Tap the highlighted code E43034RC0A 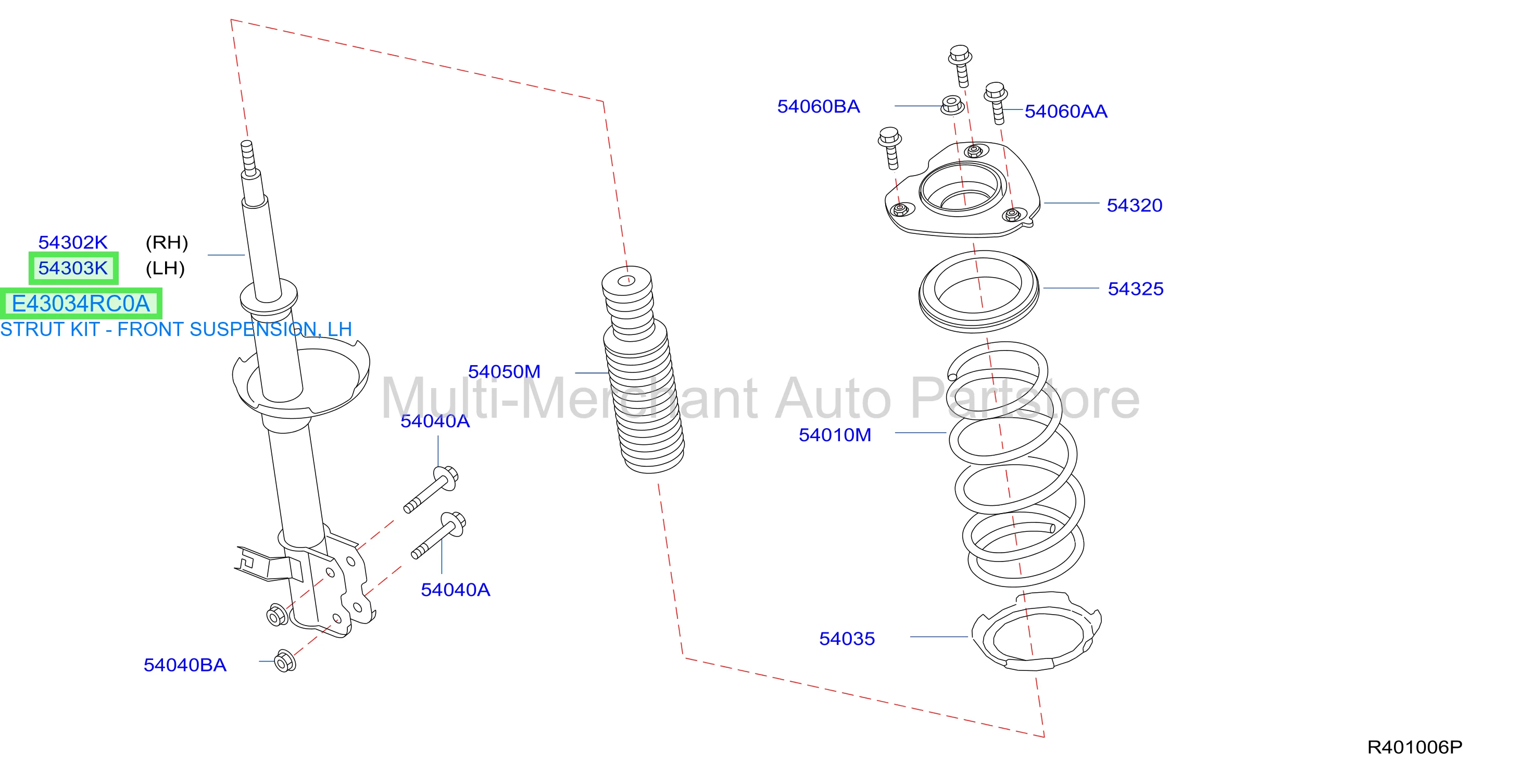81,304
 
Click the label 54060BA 819,106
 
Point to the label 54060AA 1066,111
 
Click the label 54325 1136,289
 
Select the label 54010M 835,434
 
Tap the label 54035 847,639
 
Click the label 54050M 504,371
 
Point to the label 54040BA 185,665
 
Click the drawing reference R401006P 1415,747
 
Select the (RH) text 167,242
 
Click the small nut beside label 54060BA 951,105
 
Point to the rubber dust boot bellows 642,370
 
